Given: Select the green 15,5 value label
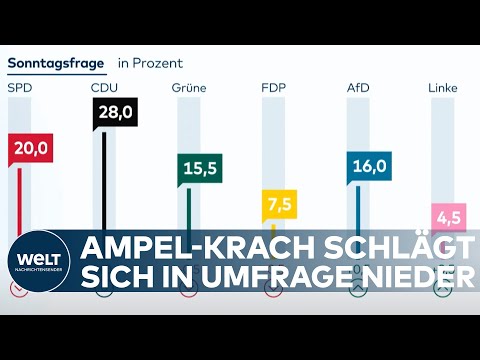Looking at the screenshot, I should tap(197, 168).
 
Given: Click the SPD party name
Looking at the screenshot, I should tap(19, 88).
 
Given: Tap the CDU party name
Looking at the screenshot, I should tap(104, 88).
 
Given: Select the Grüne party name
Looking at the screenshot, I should tap(190, 88).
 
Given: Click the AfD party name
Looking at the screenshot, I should tap(359, 88).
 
